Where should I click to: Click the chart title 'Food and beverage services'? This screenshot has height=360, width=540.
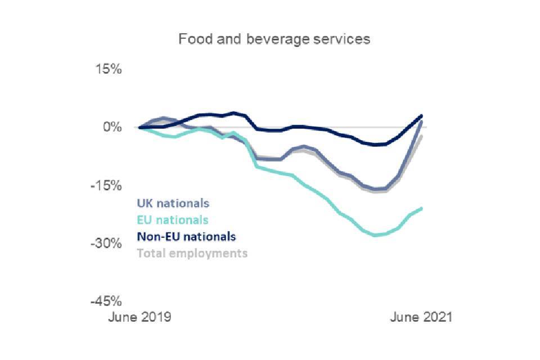[x=274, y=39]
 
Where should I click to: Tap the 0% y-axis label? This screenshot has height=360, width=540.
[x=113, y=128]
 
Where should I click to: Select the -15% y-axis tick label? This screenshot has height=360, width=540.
[x=107, y=186]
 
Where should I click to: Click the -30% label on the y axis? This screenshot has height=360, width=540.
[x=107, y=244]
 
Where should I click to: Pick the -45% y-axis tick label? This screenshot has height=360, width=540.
[x=107, y=301]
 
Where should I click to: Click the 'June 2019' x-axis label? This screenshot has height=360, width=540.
[x=139, y=317]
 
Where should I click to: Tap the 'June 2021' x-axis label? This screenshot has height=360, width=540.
[x=421, y=317]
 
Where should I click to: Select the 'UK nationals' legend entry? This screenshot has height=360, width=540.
[x=173, y=203]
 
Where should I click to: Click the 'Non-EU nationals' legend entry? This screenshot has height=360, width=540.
[x=186, y=236]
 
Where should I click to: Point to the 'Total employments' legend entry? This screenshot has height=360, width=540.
[x=192, y=253]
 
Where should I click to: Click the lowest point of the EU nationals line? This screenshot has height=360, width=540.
[x=376, y=235]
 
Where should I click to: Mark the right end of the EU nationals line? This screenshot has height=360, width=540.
[x=421, y=209]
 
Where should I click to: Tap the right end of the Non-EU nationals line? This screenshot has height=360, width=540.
[x=421, y=116]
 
